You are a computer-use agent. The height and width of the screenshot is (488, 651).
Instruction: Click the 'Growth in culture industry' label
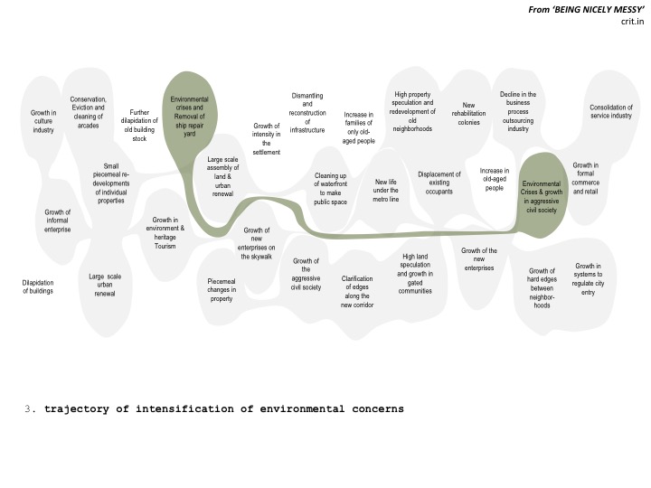point(43,121)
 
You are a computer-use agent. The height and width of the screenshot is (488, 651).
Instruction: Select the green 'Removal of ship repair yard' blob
point(190,117)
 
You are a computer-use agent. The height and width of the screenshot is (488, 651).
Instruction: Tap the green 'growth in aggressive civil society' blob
point(542,196)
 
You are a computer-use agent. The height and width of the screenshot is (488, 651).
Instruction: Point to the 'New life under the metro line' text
point(386,191)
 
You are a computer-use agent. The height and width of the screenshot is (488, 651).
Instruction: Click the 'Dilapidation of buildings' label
point(38,286)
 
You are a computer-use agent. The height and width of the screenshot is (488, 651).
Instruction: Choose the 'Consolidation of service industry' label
point(611,111)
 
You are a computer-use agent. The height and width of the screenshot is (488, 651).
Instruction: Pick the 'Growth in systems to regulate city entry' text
point(588,279)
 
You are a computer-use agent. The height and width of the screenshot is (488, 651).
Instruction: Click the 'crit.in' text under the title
point(632,21)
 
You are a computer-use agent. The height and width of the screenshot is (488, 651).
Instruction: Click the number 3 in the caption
point(28,408)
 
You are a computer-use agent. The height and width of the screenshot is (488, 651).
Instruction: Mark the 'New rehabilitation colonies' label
point(468,114)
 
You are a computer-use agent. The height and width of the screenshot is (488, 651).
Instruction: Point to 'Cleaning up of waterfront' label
point(331,188)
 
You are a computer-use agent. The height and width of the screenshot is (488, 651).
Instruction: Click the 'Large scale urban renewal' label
point(105,285)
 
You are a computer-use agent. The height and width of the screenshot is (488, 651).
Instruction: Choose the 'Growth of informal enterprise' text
point(57,221)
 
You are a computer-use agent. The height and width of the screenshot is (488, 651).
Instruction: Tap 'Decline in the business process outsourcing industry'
point(518,111)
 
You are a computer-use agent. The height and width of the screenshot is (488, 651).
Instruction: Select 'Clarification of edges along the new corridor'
point(357,291)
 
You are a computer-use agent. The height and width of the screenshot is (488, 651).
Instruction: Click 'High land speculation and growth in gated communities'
point(415,274)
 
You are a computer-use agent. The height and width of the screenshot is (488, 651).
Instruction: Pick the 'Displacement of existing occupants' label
point(439,183)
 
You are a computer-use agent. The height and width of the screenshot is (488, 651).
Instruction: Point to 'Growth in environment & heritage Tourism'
point(165,233)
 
